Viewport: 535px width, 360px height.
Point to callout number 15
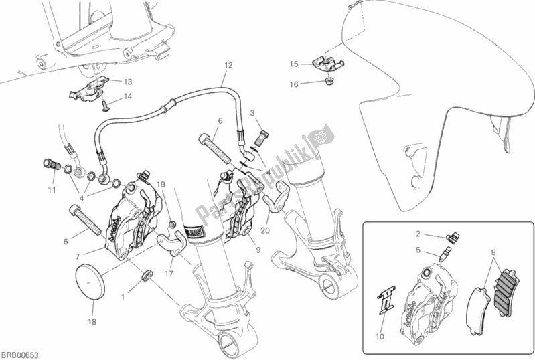point(293,64)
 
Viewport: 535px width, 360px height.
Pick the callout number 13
point(128,82)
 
